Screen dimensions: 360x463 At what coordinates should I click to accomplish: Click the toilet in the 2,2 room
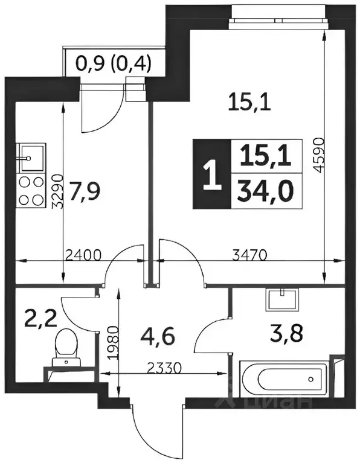pos(66,348)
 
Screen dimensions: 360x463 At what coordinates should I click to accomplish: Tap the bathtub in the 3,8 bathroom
pos(284,378)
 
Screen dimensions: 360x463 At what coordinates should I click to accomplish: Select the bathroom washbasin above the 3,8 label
pos(282,299)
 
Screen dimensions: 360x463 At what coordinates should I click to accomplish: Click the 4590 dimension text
pos(318,156)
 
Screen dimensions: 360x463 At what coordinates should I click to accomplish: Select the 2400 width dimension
pos(83,255)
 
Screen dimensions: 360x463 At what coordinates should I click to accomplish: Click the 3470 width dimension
pos(249,255)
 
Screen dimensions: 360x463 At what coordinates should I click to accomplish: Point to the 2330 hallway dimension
pos(163,368)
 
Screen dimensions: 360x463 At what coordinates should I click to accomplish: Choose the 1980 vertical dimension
pos(113,342)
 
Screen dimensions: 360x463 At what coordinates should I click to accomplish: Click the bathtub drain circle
pos(310,378)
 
